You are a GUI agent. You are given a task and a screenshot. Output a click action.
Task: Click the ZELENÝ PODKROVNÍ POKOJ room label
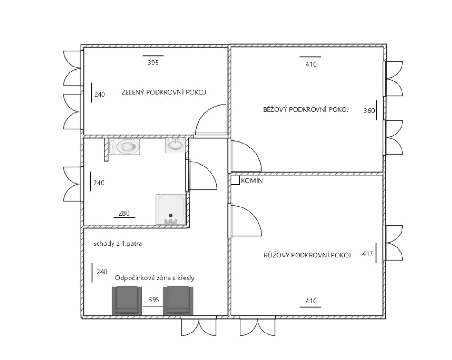(163, 93)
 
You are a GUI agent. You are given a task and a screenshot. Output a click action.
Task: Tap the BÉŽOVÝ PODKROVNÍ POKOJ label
(306, 109)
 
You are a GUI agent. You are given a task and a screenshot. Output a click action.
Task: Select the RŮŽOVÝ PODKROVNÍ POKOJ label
(307, 255)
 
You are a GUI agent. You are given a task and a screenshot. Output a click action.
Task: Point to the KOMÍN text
(252, 181)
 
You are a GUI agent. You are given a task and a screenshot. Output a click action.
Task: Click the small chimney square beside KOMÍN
(235, 180)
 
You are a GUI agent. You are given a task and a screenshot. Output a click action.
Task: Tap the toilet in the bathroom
(124, 147)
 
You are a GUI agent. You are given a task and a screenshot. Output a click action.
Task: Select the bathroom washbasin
(175, 145)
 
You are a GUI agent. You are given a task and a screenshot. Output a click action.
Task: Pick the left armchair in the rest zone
(127, 301)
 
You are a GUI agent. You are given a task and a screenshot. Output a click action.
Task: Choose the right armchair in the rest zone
(178, 301)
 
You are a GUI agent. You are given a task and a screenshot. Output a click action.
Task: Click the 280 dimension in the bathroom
(124, 213)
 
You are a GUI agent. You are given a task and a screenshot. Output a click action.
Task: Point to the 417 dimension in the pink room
(367, 254)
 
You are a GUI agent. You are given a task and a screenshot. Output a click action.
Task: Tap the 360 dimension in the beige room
(369, 111)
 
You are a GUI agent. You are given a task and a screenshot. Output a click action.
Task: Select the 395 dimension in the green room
(153, 63)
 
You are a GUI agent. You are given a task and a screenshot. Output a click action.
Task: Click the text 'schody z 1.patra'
(118, 244)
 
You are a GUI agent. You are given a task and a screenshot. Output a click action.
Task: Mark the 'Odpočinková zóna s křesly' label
(154, 278)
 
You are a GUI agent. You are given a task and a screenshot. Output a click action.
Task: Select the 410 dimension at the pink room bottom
(311, 301)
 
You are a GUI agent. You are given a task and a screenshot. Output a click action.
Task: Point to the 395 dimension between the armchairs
(154, 300)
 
